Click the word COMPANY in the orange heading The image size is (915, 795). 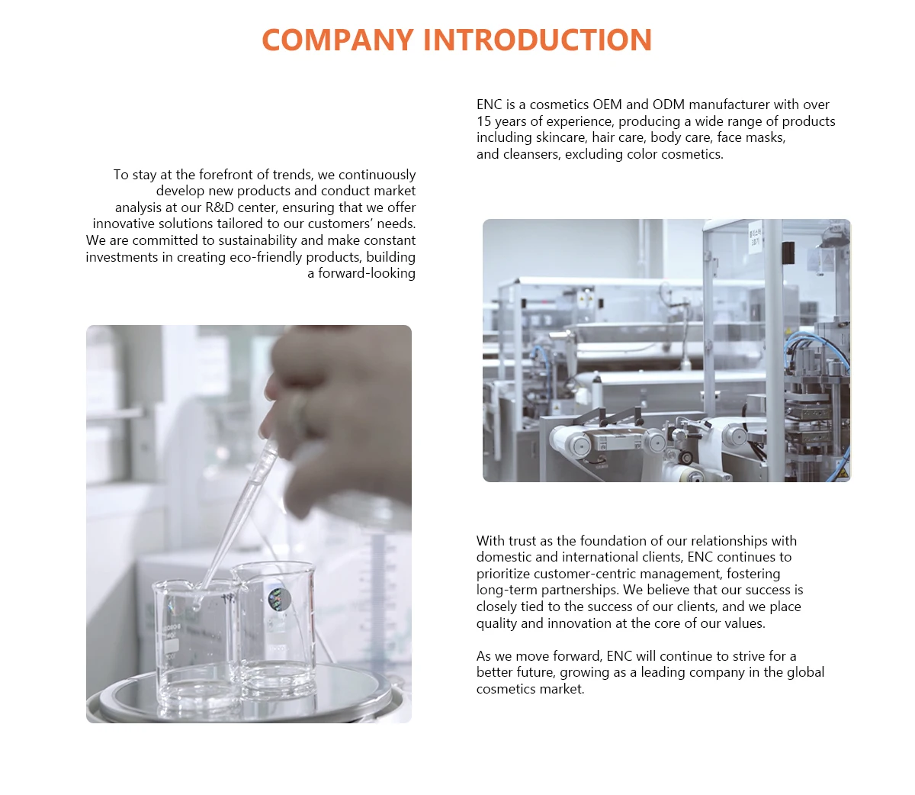tap(337, 40)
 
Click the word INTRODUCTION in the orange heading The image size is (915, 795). tap(538, 40)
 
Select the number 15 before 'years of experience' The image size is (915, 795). tap(483, 121)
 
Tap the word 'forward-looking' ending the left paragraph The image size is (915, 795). tap(367, 273)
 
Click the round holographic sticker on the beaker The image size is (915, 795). tap(279, 600)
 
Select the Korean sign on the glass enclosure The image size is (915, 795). tap(755, 236)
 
